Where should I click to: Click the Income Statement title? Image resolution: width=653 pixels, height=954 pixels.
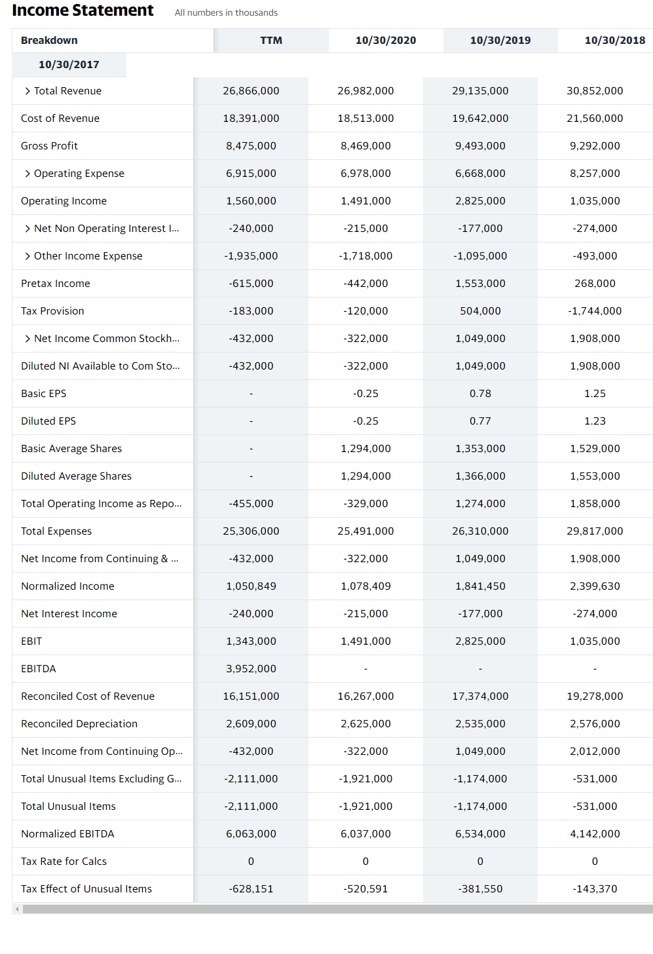pyautogui.click(x=83, y=10)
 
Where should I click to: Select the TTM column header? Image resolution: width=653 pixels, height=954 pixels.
pyautogui.click(x=271, y=41)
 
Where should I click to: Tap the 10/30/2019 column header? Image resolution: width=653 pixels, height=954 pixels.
pyautogui.click(x=500, y=41)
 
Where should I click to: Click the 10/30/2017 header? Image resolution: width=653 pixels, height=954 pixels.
pyautogui.click(x=69, y=65)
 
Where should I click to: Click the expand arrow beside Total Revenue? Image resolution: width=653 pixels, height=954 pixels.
pyautogui.click(x=28, y=91)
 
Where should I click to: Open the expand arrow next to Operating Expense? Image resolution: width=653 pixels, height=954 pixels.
pyautogui.click(x=28, y=174)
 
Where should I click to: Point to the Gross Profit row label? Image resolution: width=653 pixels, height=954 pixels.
pyautogui.click(x=49, y=146)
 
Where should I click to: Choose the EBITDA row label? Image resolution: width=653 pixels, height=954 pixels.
pyautogui.click(x=39, y=669)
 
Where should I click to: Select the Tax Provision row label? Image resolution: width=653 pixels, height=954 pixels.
pyautogui.click(x=52, y=311)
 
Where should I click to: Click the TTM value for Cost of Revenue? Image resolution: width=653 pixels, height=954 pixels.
pyautogui.click(x=251, y=119)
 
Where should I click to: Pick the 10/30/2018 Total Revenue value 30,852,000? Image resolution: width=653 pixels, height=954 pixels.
pyautogui.click(x=595, y=91)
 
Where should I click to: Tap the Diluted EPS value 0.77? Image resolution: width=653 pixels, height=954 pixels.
pyautogui.click(x=480, y=421)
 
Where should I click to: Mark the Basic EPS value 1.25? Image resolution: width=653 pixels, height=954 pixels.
pyautogui.click(x=595, y=394)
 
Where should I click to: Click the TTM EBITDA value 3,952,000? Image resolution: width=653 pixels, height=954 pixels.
pyautogui.click(x=251, y=669)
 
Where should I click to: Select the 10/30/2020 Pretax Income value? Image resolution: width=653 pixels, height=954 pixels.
pyautogui.click(x=365, y=284)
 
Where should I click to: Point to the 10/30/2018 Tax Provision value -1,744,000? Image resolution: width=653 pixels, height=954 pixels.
pyautogui.click(x=595, y=311)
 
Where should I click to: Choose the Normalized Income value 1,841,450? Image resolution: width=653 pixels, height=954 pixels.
pyautogui.click(x=480, y=586)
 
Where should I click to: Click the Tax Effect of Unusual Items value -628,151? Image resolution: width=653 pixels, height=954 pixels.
pyautogui.click(x=251, y=889)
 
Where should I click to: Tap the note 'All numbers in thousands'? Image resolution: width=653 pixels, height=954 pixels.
pyautogui.click(x=226, y=12)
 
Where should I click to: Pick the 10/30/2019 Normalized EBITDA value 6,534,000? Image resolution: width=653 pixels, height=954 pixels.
pyautogui.click(x=480, y=834)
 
